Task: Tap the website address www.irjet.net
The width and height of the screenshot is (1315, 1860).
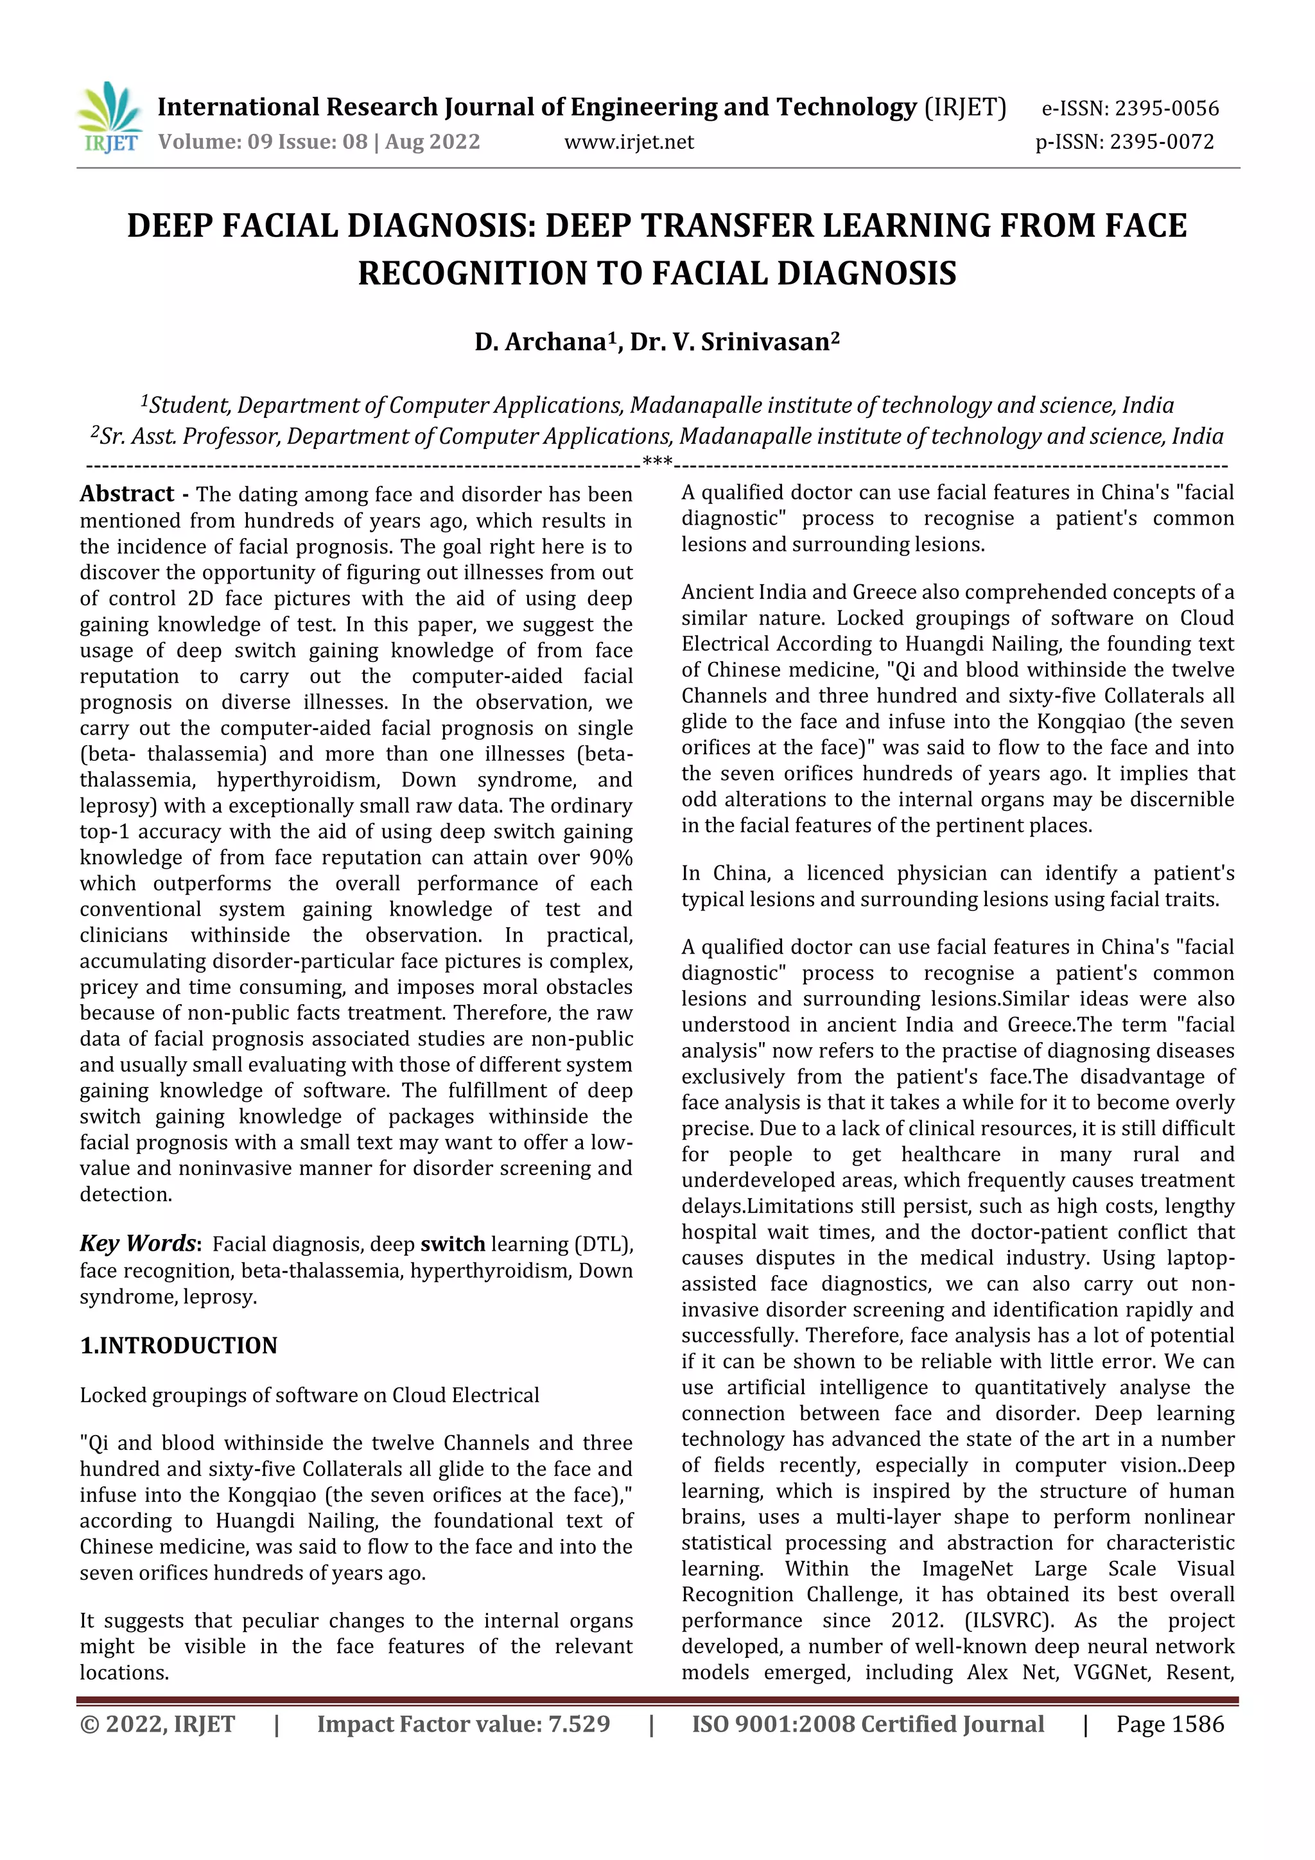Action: point(629,143)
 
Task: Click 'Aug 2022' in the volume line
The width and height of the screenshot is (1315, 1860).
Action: point(433,143)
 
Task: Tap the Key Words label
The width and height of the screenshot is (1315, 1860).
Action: point(138,1244)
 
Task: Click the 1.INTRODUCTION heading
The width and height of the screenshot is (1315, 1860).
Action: point(179,1346)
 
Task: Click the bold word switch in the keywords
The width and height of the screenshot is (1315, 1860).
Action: point(452,1244)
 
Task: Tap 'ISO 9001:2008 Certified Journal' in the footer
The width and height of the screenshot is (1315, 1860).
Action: point(867,1724)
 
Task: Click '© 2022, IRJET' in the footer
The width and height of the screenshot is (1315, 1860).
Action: point(157,1724)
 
